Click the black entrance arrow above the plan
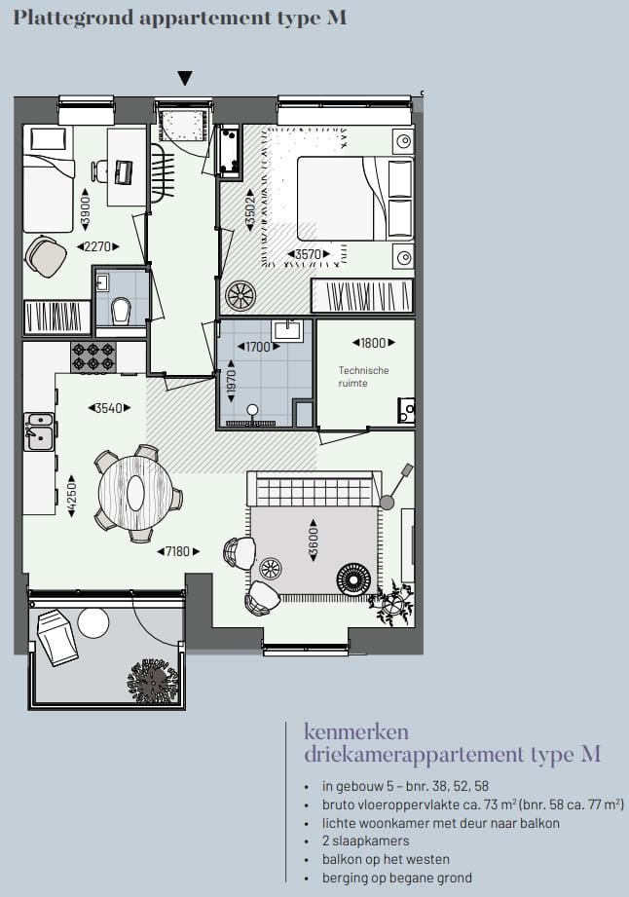(x=185, y=79)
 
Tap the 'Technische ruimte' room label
(x=364, y=377)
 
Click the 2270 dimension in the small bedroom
(x=97, y=246)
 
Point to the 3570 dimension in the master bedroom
(x=308, y=255)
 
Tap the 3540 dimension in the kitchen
(x=110, y=408)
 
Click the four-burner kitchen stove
(x=93, y=356)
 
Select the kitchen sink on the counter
(x=40, y=431)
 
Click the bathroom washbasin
(x=286, y=330)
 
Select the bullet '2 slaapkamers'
(x=365, y=841)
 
